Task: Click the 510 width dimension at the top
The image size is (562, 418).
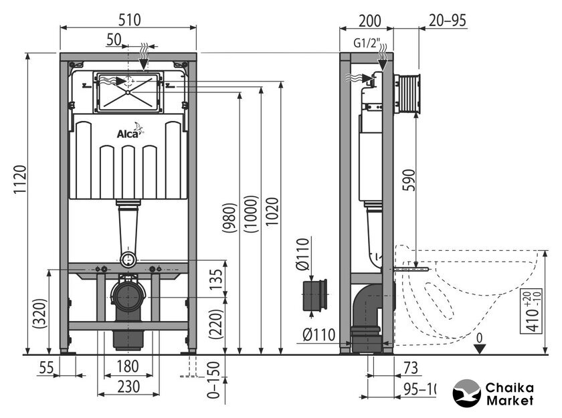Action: click(129, 20)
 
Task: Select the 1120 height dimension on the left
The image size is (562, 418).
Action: click(19, 201)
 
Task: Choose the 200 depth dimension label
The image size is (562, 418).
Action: click(365, 20)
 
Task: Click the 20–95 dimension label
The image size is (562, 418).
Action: click(448, 20)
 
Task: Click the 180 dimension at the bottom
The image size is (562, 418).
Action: click(128, 367)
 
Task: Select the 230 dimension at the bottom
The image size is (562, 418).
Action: click(128, 386)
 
